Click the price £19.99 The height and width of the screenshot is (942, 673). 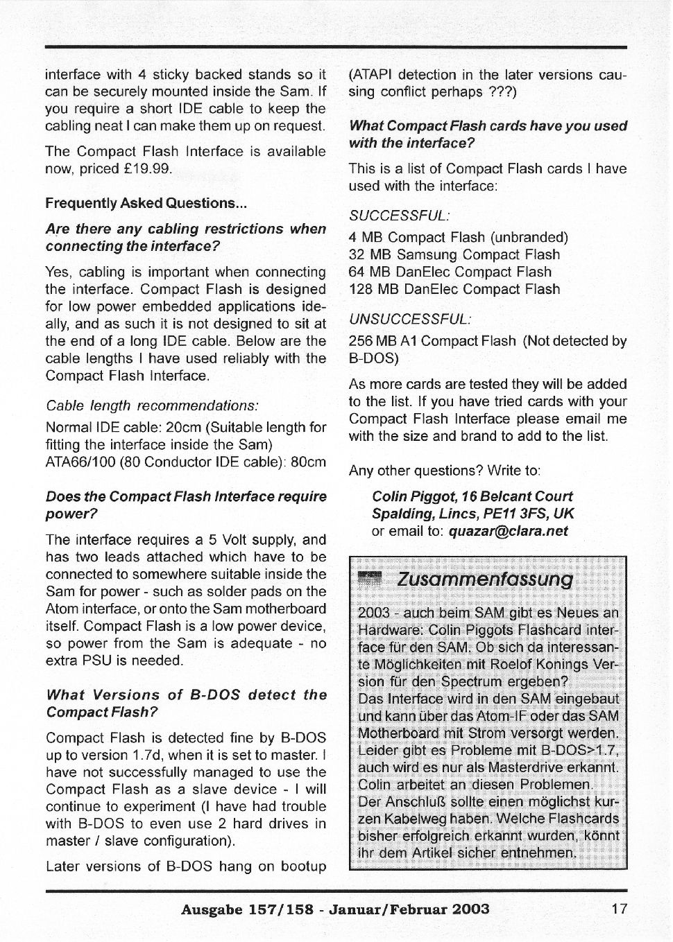(146, 168)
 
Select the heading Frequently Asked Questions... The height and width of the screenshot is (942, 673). (146, 203)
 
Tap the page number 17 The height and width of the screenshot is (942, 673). (619, 909)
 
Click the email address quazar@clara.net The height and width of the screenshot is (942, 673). (509, 532)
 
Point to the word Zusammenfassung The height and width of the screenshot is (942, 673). (485, 579)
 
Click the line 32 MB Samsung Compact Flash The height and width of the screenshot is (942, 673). (454, 254)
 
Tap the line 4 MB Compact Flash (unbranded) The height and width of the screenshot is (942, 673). (458, 238)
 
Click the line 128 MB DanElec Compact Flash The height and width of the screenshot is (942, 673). (454, 289)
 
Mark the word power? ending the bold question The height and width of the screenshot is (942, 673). (71, 514)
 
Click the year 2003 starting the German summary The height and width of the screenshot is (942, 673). (373, 613)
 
